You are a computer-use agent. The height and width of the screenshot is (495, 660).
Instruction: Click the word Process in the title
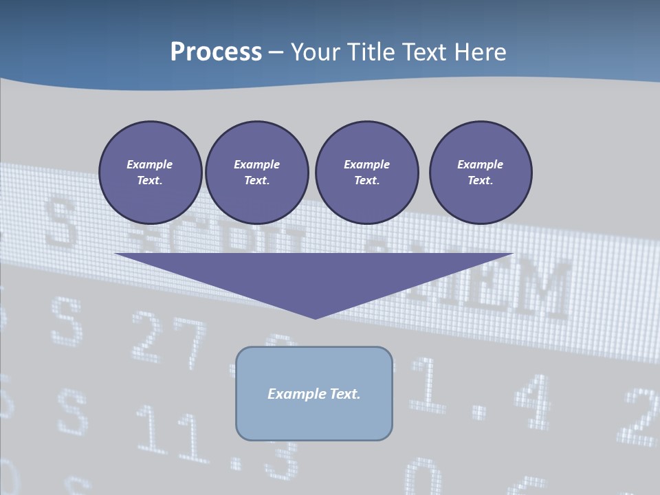[216, 52]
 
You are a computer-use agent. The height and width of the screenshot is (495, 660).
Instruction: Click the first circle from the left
[150, 173]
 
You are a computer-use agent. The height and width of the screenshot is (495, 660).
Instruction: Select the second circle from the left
[256, 173]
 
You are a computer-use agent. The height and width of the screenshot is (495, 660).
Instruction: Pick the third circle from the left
[366, 173]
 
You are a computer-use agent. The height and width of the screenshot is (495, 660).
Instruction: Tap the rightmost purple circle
[481, 173]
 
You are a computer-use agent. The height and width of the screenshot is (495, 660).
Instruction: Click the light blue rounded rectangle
[314, 412]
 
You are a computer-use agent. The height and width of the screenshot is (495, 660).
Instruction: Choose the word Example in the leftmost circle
[150, 164]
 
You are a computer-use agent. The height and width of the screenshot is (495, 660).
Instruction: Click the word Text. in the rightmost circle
[481, 181]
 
